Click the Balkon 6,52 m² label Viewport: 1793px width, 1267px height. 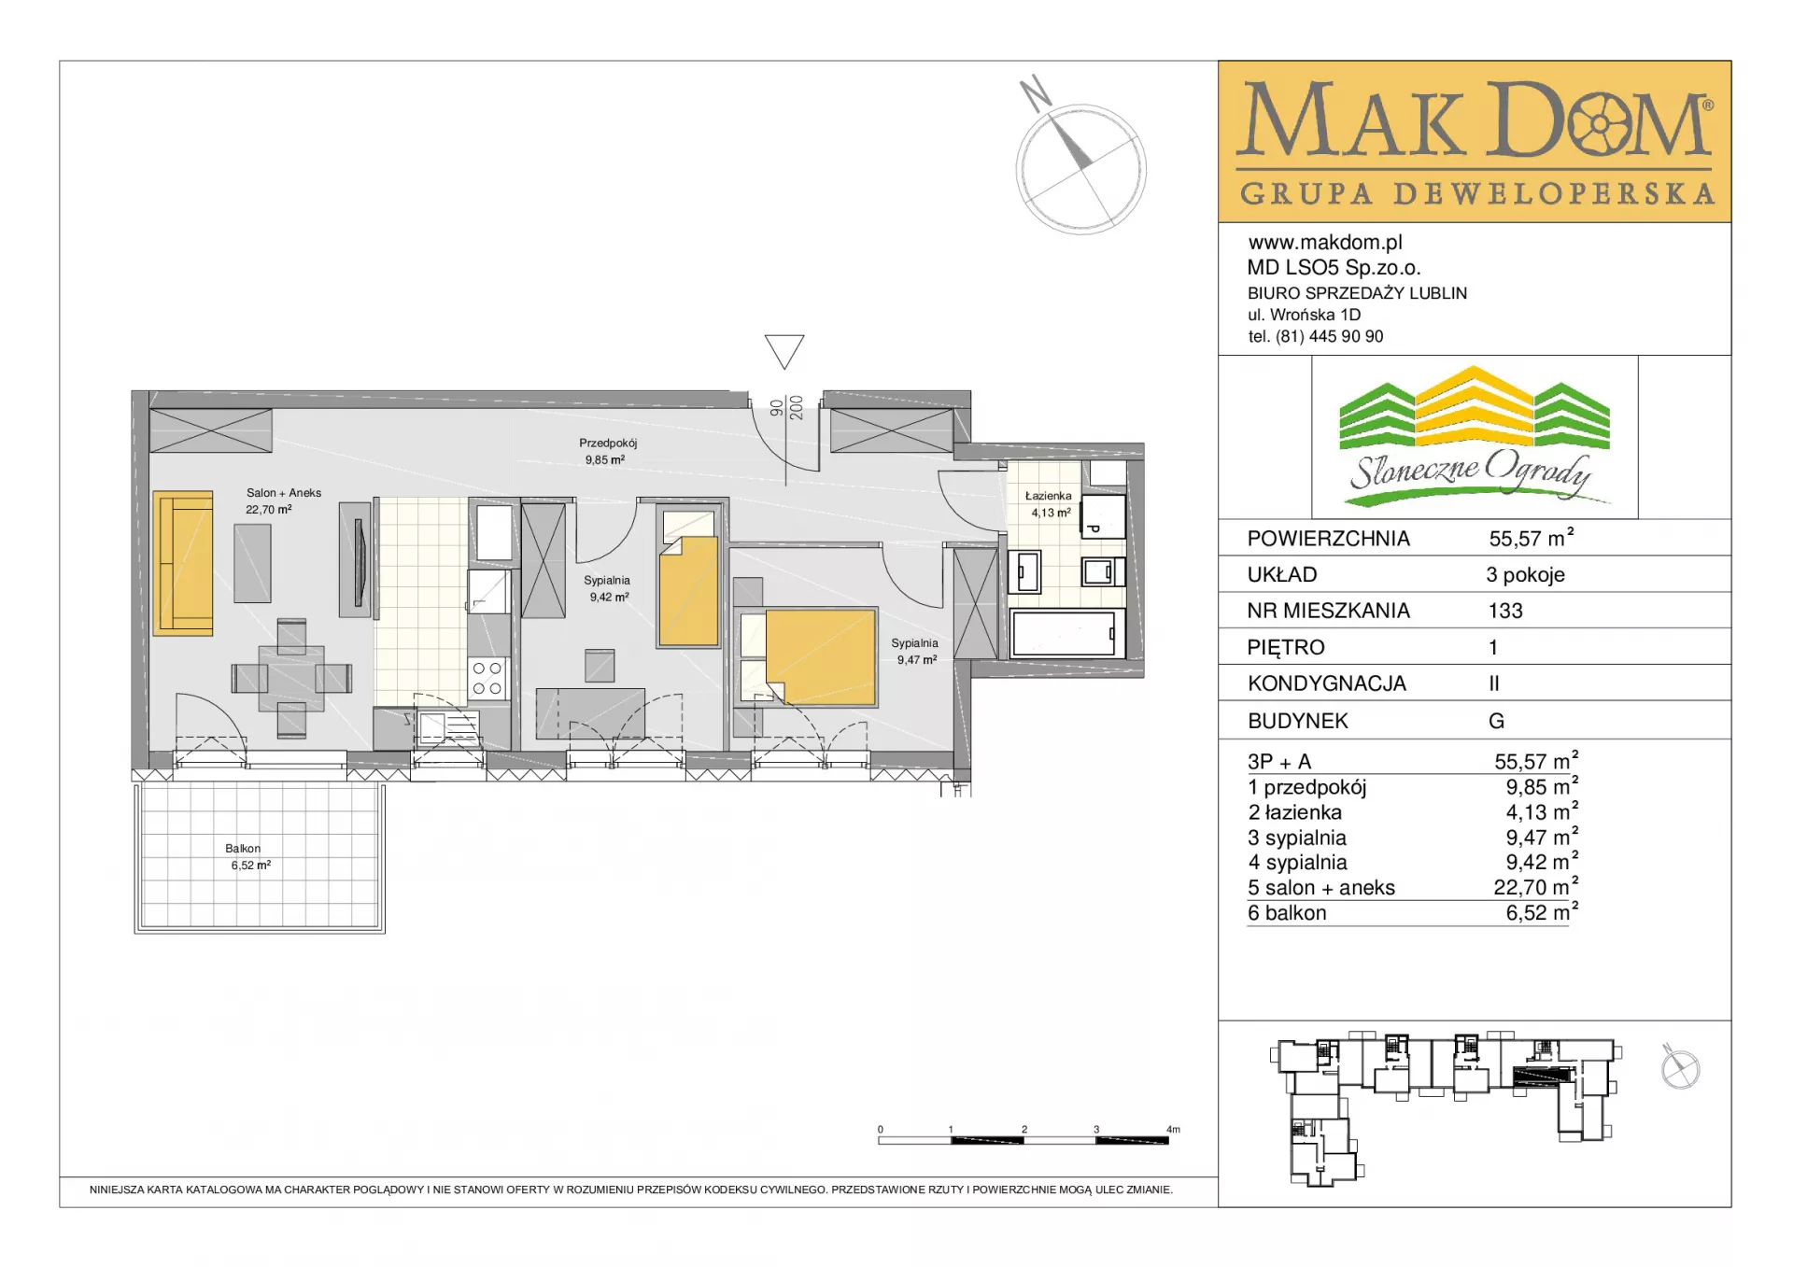(x=249, y=856)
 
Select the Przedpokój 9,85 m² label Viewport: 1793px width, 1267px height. (x=607, y=451)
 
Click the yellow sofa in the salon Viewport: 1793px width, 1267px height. (x=183, y=563)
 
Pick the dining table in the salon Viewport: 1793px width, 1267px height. (x=291, y=678)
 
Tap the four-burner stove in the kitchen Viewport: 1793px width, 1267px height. (x=487, y=679)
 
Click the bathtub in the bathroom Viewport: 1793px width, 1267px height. (x=1064, y=633)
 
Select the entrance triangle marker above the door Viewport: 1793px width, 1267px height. (x=784, y=351)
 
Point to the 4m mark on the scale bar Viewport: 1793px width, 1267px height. (x=1173, y=1130)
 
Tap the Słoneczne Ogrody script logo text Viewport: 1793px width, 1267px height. (x=1471, y=472)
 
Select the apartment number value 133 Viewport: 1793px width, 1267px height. (x=1505, y=611)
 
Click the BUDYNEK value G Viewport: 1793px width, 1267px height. (x=1496, y=721)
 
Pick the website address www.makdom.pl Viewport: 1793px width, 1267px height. (x=1325, y=243)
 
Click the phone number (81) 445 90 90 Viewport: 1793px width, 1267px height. (x=1330, y=336)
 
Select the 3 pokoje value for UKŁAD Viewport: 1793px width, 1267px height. (x=1526, y=575)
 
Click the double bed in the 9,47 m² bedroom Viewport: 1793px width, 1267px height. (x=809, y=656)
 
